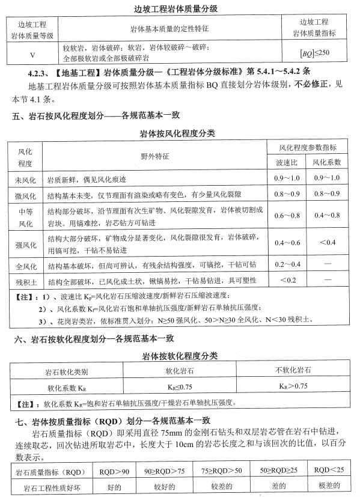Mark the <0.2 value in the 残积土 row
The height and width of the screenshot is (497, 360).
click(x=286, y=280)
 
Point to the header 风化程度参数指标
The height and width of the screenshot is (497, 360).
click(x=307, y=147)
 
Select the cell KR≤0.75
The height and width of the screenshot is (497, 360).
click(x=179, y=386)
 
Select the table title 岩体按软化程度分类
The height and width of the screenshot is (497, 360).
click(x=180, y=355)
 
